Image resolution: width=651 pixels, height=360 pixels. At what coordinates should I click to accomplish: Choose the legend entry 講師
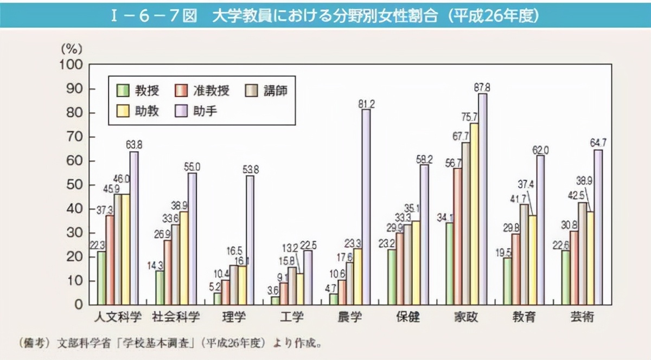point(273,90)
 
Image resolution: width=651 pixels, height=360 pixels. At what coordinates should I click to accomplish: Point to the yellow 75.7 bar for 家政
point(474,214)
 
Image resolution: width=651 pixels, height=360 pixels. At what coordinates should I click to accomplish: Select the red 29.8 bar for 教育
point(516,269)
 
